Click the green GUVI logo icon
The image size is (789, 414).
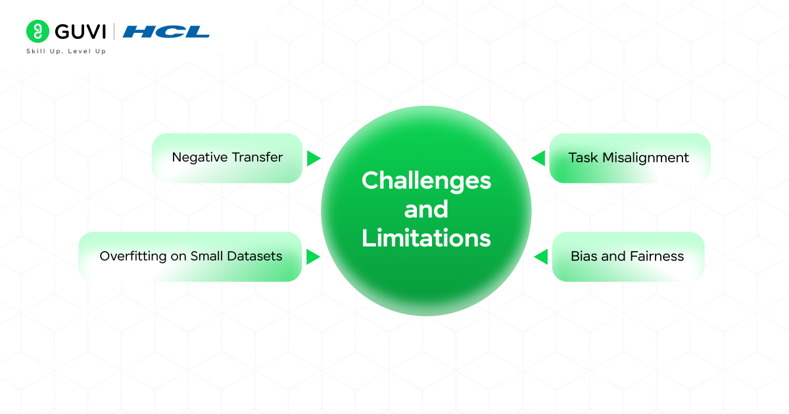tap(38, 32)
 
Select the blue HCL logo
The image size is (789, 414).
tap(166, 32)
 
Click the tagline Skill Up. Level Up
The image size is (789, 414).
tap(66, 51)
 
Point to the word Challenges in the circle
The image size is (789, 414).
tap(426, 181)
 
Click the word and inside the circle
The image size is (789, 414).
tap(426, 210)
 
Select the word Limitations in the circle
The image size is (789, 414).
tap(426, 238)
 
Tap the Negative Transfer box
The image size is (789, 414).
tap(227, 158)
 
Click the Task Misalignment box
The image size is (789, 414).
tap(629, 158)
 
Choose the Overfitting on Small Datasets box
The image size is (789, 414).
tap(191, 256)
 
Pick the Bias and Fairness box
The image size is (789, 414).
tap(627, 256)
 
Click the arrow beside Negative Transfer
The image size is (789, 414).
tap(313, 158)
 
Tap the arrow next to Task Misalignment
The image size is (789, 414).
tap(538, 158)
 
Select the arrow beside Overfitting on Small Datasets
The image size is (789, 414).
tap(313, 257)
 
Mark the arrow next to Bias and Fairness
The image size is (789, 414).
tap(541, 257)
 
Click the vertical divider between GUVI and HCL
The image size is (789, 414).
tap(114, 32)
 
